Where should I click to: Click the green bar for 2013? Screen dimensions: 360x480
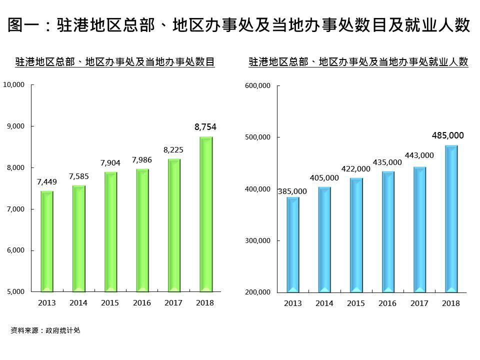click(x=46, y=241)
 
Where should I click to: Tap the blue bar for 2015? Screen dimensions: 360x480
click(x=356, y=235)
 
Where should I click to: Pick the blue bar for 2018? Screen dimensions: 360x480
click(x=451, y=218)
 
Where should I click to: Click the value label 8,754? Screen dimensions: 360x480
click(x=205, y=127)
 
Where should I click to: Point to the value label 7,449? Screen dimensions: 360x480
click(x=47, y=182)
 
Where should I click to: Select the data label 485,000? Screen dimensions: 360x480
click(x=448, y=135)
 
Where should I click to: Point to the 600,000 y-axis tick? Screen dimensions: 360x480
click(x=258, y=86)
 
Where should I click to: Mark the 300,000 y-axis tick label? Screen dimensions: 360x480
click(x=258, y=240)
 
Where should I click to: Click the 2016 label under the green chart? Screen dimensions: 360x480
click(x=141, y=303)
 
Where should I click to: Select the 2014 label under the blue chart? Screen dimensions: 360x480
click(x=324, y=303)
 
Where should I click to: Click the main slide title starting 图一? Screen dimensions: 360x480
click(x=239, y=25)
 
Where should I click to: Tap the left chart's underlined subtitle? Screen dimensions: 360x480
click(x=115, y=62)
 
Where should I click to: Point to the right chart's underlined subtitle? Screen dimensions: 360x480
click(x=358, y=62)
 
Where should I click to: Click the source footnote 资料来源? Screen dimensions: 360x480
click(x=45, y=330)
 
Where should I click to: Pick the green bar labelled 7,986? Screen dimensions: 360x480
click(x=142, y=230)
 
